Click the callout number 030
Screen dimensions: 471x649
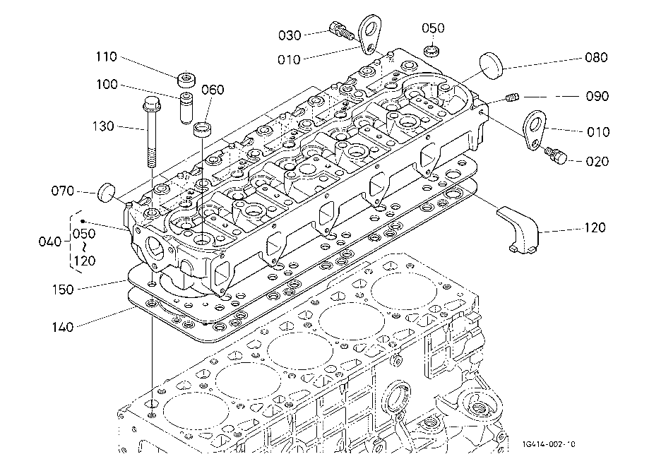pyautogui.click(x=290, y=35)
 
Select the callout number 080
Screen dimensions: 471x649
pyautogui.click(x=595, y=59)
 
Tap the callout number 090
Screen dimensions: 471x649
pyautogui.click(x=595, y=95)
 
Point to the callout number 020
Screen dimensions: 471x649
pyautogui.click(x=595, y=162)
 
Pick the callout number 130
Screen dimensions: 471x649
pyautogui.click(x=105, y=126)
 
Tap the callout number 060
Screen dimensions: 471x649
pyautogui.click(x=213, y=90)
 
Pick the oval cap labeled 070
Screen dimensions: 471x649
pyautogui.click(x=106, y=191)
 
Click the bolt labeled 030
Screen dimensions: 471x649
pyautogui.click(x=340, y=31)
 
